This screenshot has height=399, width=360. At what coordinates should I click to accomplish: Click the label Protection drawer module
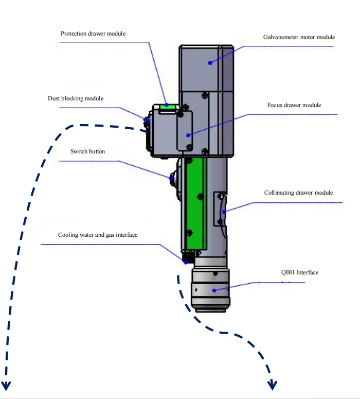(93, 33)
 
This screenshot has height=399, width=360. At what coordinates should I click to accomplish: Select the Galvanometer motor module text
(299, 37)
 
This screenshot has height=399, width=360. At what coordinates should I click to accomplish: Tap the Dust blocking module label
(76, 98)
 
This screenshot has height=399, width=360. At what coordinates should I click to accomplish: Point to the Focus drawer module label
(294, 105)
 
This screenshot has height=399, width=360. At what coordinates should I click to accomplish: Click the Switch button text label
(88, 151)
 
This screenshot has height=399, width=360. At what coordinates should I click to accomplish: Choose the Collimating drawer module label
(298, 193)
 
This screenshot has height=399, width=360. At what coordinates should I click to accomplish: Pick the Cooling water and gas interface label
(98, 235)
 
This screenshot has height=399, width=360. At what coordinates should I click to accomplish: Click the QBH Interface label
(300, 272)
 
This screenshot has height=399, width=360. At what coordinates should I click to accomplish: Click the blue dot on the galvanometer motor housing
(210, 63)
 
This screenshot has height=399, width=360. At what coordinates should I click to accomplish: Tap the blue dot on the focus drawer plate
(188, 135)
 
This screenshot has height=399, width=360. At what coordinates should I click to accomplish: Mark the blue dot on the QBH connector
(214, 290)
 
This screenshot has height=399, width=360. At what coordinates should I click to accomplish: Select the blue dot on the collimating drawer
(224, 212)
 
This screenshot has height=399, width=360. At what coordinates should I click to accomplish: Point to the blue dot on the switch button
(171, 178)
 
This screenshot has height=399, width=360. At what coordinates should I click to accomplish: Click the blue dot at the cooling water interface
(186, 262)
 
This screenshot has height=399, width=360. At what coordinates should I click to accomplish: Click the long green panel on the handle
(196, 203)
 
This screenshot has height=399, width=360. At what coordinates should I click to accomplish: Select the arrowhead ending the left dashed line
(6, 386)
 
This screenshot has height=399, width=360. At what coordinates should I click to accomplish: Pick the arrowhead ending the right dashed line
(272, 385)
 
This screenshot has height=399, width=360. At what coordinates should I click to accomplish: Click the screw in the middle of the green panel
(201, 197)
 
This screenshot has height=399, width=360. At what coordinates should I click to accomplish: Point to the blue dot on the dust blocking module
(149, 121)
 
